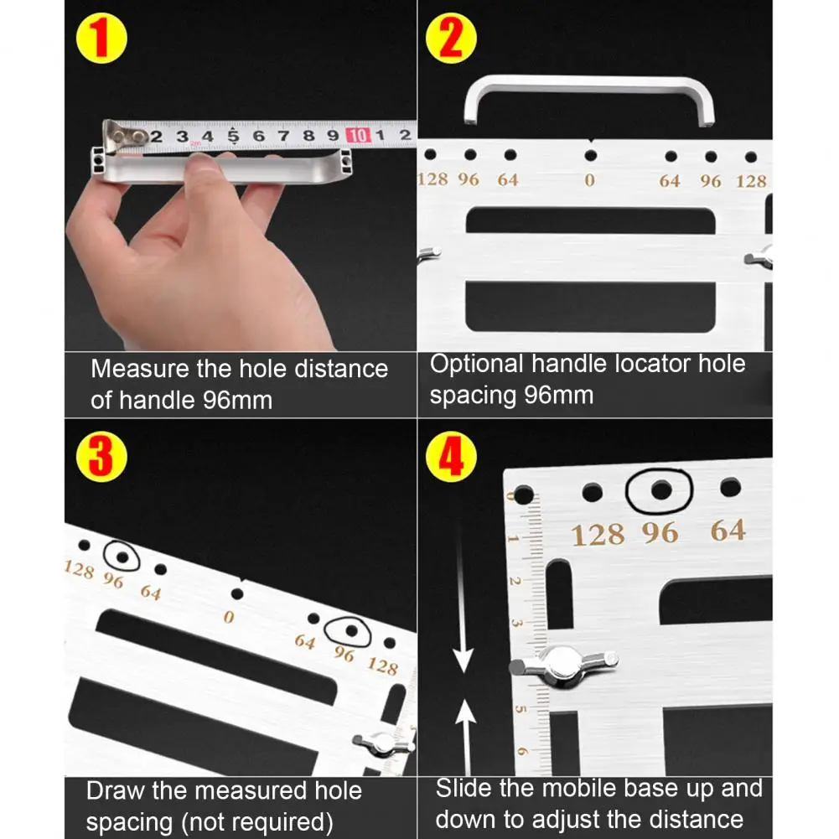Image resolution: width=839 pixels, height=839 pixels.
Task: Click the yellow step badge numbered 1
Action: (101, 39)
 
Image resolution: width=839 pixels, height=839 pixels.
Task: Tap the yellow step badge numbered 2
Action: (451, 39)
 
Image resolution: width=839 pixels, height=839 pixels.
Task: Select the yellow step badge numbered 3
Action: (101, 457)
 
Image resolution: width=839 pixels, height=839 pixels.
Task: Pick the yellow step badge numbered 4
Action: (451, 457)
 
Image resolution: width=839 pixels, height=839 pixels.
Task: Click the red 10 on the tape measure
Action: (359, 136)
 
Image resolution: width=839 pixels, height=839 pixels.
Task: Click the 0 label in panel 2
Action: (590, 180)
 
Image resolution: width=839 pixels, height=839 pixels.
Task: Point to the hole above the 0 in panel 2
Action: (591, 156)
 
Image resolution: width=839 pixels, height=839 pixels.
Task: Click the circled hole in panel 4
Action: (661, 490)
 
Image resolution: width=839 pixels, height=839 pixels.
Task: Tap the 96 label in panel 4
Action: (660, 533)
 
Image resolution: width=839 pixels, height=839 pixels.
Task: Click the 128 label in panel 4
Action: (598, 535)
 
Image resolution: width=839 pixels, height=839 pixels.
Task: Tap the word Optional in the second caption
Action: (476, 365)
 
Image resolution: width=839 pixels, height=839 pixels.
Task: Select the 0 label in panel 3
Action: (229, 617)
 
